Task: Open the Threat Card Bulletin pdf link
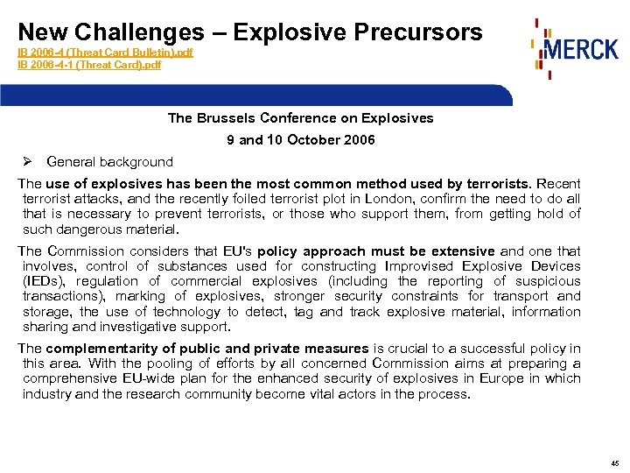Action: tap(105, 53)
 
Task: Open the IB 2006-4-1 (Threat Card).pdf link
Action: tap(89, 64)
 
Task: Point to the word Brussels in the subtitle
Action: tap(228, 118)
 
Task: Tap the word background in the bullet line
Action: tap(136, 162)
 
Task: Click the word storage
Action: tap(47, 312)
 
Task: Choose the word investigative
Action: tap(132, 327)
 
